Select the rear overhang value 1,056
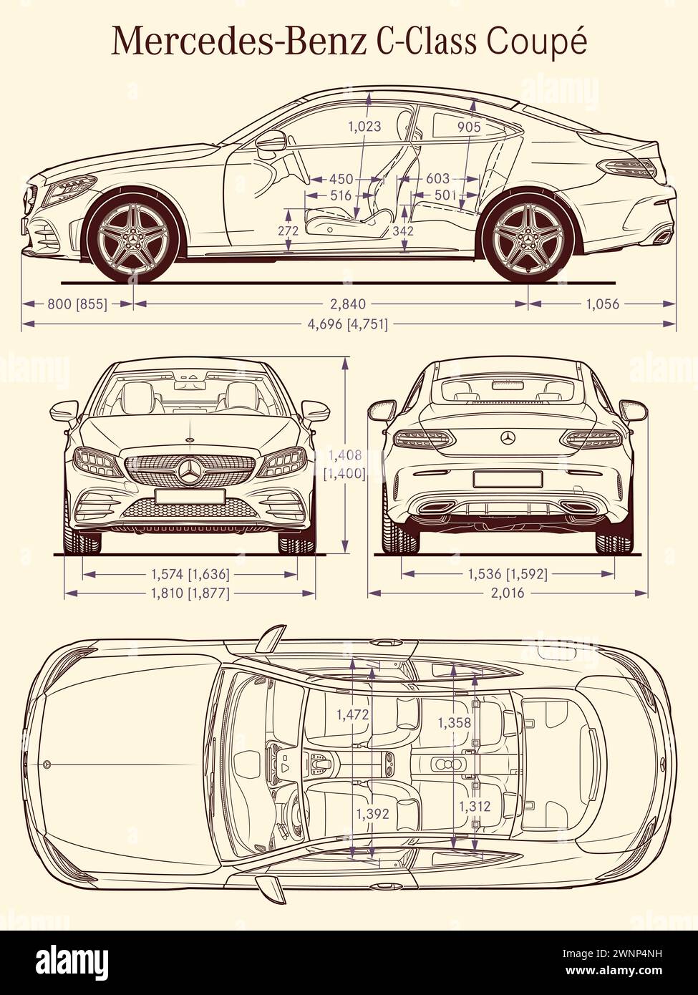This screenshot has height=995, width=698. tap(602, 304)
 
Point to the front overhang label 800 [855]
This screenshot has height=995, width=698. tap(77, 304)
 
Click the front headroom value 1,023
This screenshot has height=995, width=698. tap(364, 127)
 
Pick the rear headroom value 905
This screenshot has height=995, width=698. tap(469, 127)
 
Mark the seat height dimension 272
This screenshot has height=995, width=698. tap(289, 231)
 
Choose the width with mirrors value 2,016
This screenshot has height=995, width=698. tap(508, 593)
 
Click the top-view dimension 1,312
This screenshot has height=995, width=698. tap(475, 807)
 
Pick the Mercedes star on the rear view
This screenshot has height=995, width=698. tap(508, 437)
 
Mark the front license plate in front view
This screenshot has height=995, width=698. tap(190, 496)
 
